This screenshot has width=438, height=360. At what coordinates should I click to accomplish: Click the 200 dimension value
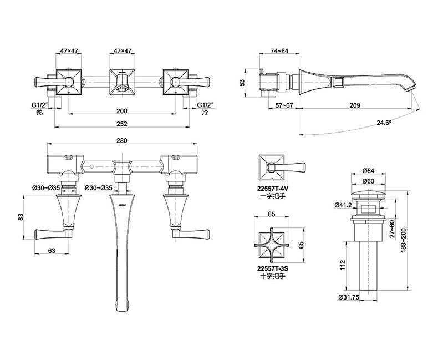[x=122, y=111]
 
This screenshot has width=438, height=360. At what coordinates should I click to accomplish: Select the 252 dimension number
[x=122, y=124]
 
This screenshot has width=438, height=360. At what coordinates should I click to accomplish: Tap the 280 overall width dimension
[x=122, y=140]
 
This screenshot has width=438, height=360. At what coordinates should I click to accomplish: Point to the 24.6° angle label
[x=384, y=123]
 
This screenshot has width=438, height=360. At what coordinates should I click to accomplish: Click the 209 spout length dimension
[x=355, y=105]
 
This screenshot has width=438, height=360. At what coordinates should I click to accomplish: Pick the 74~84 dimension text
[x=279, y=51]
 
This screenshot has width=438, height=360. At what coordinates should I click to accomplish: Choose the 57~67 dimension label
[x=284, y=105]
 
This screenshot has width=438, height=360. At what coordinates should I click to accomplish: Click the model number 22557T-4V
[x=273, y=189]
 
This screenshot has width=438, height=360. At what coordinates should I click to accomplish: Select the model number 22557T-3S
[x=273, y=269]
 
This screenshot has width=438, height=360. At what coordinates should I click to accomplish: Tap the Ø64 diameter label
[x=368, y=170]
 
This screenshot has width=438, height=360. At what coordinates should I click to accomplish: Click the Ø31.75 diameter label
[x=348, y=297]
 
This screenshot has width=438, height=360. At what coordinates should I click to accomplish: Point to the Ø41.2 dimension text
[x=343, y=205]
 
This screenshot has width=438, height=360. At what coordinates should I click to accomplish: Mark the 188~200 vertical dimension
[x=404, y=241]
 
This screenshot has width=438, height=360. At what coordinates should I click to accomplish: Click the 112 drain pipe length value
[x=343, y=265]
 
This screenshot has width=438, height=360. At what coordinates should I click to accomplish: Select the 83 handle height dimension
[x=21, y=217]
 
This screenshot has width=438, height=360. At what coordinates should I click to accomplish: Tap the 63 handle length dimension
[x=52, y=250]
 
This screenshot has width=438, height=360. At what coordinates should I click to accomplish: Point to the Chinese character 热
[x=40, y=113]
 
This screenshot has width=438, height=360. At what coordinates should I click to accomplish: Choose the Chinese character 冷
[x=205, y=113]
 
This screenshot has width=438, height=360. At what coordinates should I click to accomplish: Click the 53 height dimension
[x=242, y=83]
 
